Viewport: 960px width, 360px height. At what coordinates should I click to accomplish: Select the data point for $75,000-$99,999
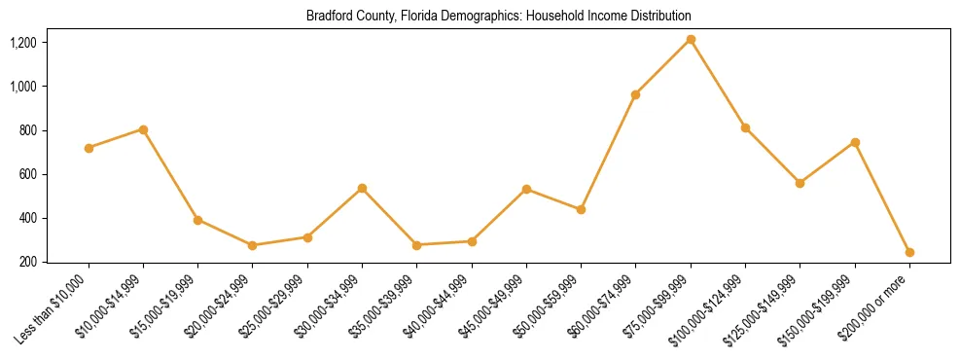tap(691, 39)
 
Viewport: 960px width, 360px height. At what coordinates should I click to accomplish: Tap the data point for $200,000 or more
tap(909, 252)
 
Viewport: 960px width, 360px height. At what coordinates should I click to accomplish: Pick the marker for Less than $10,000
tap(89, 148)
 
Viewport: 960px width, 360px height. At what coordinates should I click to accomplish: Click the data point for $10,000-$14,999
tap(143, 129)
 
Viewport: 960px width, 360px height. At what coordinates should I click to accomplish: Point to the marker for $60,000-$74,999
tap(635, 94)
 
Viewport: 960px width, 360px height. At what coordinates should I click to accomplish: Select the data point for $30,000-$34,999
tap(362, 188)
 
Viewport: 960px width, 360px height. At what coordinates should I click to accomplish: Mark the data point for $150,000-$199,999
tap(855, 142)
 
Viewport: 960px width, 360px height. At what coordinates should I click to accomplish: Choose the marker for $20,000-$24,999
tap(253, 245)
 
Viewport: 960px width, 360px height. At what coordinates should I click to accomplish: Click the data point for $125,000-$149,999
tap(800, 183)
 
